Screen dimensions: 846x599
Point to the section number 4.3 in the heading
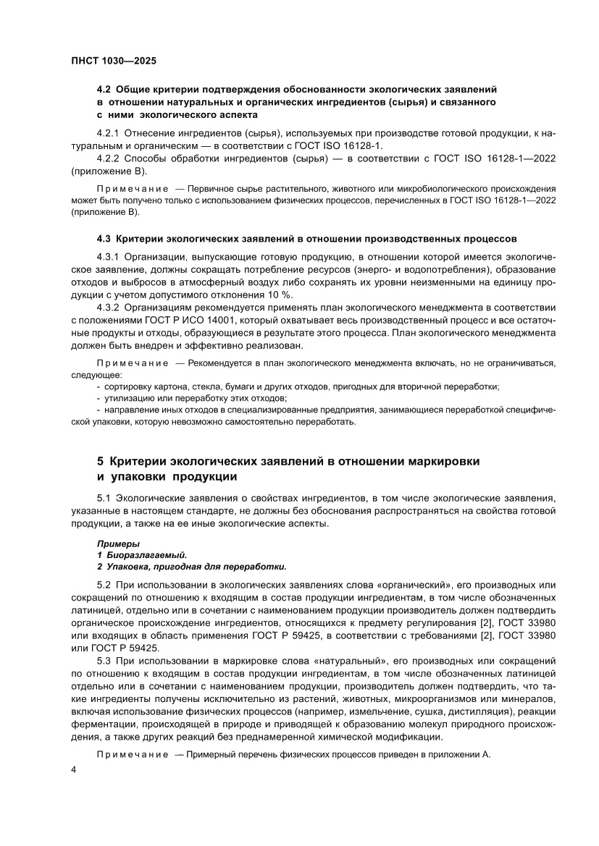point(104,237)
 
